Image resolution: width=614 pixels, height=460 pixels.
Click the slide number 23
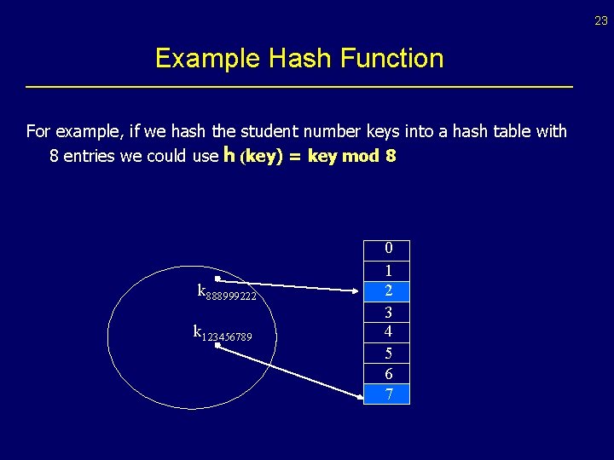(x=601, y=21)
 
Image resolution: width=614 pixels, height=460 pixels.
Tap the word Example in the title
(x=208, y=58)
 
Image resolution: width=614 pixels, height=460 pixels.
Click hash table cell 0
(x=388, y=250)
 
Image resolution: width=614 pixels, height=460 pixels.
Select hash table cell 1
(x=388, y=271)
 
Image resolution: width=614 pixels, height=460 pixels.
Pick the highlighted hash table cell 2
(x=388, y=291)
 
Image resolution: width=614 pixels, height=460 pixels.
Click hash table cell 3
(x=388, y=312)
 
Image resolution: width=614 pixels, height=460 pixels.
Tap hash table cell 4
(x=388, y=331)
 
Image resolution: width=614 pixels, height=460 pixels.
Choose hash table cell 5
(x=388, y=353)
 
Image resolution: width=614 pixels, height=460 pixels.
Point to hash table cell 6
(x=388, y=373)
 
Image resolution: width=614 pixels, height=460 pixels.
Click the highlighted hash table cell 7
(x=388, y=394)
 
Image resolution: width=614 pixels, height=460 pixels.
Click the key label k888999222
(x=227, y=292)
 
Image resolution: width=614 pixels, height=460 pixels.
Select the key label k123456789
(x=223, y=333)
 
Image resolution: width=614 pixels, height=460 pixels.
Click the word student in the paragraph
(x=270, y=131)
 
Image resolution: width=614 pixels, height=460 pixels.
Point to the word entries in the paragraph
(x=93, y=157)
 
